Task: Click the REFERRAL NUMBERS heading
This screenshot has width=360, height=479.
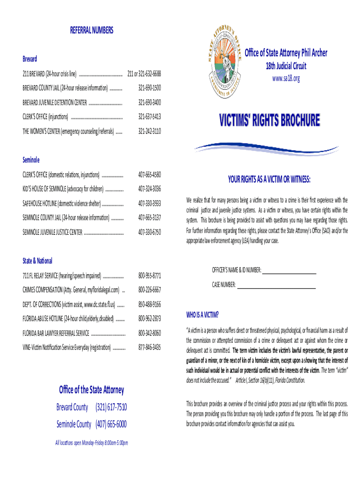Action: coord(92,30)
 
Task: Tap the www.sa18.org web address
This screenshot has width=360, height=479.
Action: coord(286,79)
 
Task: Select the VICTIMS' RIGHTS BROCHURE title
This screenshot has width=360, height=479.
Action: coord(270,121)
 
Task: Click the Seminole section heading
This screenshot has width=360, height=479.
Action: coord(31,160)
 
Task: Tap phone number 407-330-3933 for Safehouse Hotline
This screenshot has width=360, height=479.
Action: coord(149,203)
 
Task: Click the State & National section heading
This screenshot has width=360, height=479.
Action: coord(37,261)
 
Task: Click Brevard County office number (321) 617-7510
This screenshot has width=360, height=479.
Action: coord(111,407)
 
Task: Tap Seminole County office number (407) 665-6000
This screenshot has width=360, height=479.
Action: coord(111,424)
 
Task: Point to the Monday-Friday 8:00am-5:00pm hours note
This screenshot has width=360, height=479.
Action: coord(92,443)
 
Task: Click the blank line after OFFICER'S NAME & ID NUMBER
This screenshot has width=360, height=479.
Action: coord(290,271)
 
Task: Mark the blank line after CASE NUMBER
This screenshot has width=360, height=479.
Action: coord(277,285)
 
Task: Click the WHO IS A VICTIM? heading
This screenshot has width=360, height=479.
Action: coord(202,314)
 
